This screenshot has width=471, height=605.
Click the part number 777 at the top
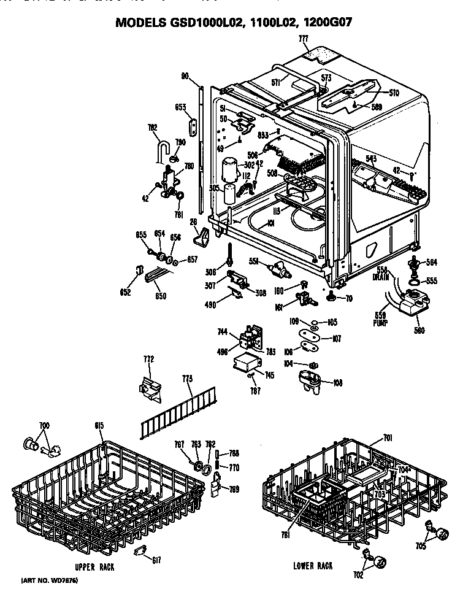[303, 38]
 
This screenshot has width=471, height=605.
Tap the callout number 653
[180, 107]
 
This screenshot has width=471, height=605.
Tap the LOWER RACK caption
[313, 566]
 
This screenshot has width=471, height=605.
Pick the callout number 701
[388, 437]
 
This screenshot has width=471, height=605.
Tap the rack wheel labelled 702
[380, 560]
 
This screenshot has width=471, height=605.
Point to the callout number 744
[222, 331]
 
